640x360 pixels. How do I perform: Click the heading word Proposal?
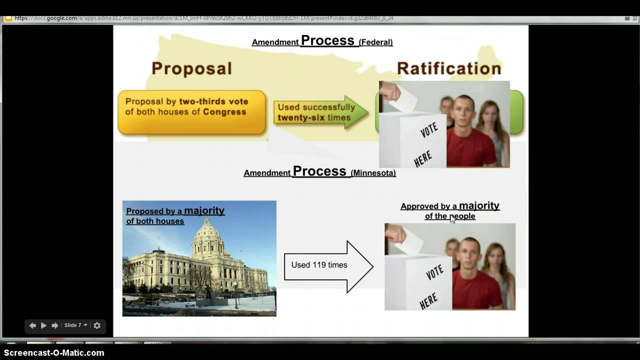(x=191, y=68)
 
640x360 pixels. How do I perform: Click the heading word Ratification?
(x=448, y=68)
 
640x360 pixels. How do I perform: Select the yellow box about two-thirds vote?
(x=191, y=112)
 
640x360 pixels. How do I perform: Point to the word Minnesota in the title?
(x=373, y=173)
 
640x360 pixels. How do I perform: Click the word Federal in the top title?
(x=375, y=42)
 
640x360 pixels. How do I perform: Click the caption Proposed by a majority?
(x=175, y=211)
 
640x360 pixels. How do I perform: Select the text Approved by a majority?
(x=449, y=206)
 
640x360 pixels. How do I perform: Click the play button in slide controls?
(x=43, y=325)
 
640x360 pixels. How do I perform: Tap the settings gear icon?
(x=97, y=325)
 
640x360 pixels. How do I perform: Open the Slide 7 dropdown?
(x=75, y=325)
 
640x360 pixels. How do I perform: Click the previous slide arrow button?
(x=32, y=325)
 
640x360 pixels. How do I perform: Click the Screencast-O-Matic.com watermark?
(x=54, y=353)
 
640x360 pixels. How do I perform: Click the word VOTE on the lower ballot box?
(x=434, y=272)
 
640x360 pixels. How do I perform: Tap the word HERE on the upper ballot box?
(x=423, y=159)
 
